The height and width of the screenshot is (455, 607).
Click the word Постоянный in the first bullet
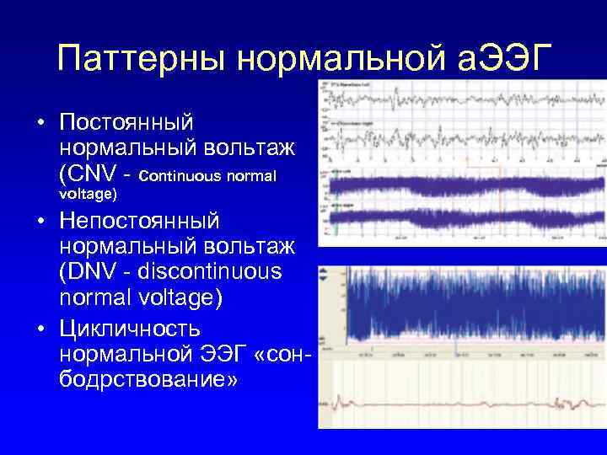click(x=127, y=123)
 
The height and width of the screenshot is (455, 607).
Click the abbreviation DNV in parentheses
click(x=95, y=274)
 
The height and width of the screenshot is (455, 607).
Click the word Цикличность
click(x=131, y=327)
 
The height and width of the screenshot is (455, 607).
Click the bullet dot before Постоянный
click(x=40, y=124)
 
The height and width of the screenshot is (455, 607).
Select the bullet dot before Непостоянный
click(x=40, y=222)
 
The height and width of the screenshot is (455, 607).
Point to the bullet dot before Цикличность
click(x=40, y=328)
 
